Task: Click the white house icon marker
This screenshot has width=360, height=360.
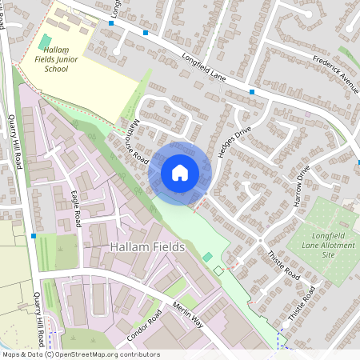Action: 180,172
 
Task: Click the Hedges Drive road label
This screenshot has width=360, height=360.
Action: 231,141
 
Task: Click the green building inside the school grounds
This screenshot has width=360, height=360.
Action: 46,42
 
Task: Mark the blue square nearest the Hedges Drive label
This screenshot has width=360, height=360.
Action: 252,93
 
